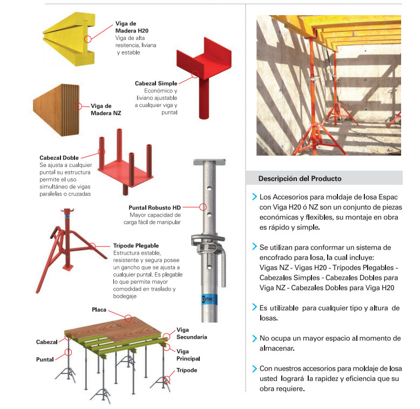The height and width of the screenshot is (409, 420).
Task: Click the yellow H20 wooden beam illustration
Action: pos(69,39)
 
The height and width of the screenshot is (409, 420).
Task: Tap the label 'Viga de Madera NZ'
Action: pos(106,109)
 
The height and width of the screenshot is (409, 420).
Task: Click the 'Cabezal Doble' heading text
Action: pos(59,158)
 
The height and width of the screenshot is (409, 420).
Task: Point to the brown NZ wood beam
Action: pos(56,110)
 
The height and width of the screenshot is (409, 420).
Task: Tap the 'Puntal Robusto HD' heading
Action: pos(154,207)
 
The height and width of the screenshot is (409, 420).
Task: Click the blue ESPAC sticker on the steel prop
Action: pos(209,299)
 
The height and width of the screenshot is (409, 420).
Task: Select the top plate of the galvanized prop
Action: pos(209,162)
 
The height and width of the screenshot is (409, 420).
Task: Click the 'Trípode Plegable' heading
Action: pos(136,245)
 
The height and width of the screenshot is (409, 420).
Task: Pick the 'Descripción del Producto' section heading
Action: pos(300,178)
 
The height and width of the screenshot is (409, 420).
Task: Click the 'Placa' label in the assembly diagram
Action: pos(99,310)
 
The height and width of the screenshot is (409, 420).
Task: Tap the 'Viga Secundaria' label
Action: pos(192,333)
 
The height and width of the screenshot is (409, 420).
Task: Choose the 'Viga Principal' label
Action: pos(188,355)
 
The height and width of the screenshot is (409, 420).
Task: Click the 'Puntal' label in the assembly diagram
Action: pos(45,359)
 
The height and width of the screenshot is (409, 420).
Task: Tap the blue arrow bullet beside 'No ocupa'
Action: pos(254,338)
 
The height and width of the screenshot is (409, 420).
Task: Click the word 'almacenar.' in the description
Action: pos(277,348)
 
